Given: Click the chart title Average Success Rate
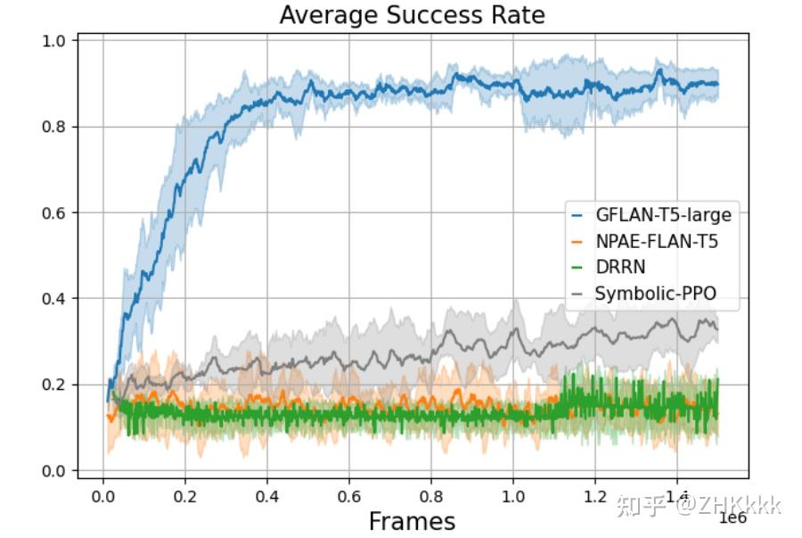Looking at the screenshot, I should coord(412,15).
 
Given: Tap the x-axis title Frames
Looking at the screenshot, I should coord(412,521).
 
